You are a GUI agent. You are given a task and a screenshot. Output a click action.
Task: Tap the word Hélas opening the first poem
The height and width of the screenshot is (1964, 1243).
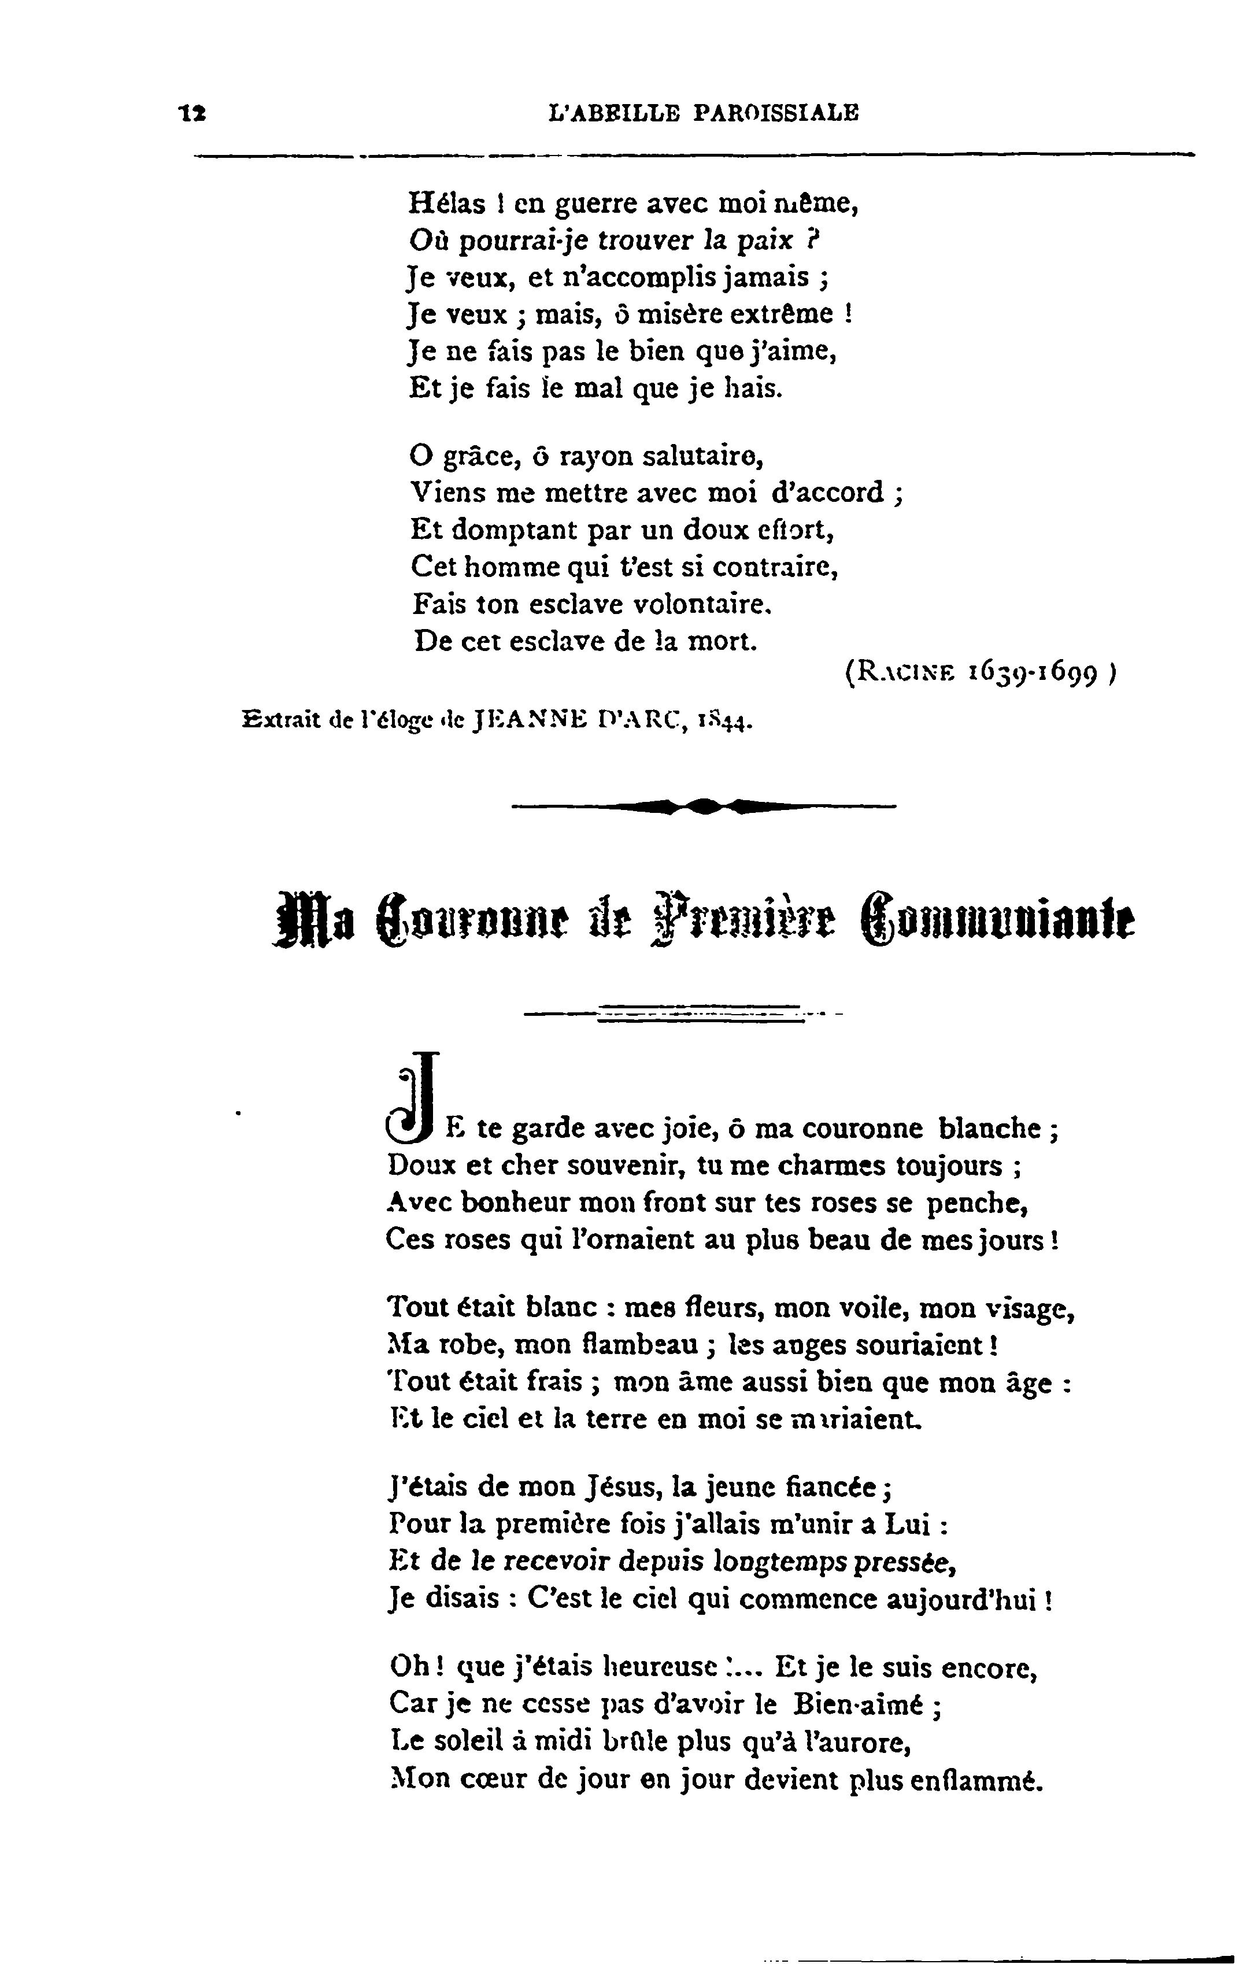pyautogui.click(x=445, y=202)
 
